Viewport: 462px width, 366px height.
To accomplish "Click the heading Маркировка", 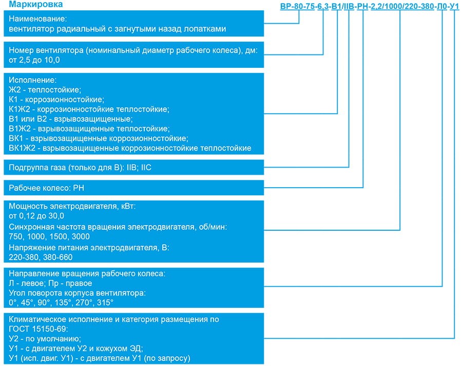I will pyautogui.click(x=35, y=6).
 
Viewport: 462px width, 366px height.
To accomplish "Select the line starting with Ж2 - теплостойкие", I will pyautogui.click(x=45, y=89).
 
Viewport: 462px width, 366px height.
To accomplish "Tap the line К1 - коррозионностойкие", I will pyautogui.click(x=56, y=99).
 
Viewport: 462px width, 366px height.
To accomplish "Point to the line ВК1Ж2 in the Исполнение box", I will pyautogui.click(x=130, y=148).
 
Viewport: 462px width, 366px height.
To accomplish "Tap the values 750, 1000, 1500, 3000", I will pyautogui.click(x=49, y=236).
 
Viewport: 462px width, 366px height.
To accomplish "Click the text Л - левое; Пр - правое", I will pyautogui.click(x=50, y=283).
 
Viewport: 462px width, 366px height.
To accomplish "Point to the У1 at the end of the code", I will pyautogui.click(x=454, y=7).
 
